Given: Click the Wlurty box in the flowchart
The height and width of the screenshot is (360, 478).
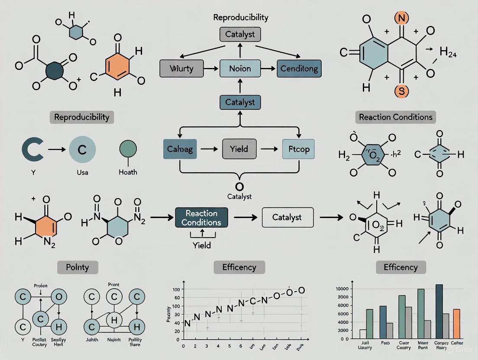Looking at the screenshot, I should coord(181,68).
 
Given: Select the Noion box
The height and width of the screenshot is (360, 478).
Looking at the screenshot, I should coord(239,68).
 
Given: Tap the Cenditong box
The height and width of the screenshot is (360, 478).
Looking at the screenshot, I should coord(299,68).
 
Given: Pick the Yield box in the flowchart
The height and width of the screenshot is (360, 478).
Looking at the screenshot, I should coord(239,149).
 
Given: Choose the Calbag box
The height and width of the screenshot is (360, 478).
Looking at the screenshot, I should coord(180,149).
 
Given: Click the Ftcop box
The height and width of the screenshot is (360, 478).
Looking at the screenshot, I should coord(298,149).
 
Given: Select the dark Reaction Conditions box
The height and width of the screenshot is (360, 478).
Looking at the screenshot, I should coord(201,218).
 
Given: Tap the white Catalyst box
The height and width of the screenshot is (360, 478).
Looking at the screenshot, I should coord(287,217).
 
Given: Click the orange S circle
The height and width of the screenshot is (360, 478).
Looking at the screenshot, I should coord(400,91).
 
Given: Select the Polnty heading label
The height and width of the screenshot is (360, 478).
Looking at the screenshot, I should coord(78,267).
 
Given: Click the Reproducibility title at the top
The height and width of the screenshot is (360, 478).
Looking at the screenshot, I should coord(240,18).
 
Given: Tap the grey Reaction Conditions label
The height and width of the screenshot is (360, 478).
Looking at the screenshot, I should coord(396,117).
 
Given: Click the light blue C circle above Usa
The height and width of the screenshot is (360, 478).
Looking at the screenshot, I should coord(82,149).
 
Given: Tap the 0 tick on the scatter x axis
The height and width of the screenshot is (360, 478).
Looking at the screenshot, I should coord(184,347).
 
